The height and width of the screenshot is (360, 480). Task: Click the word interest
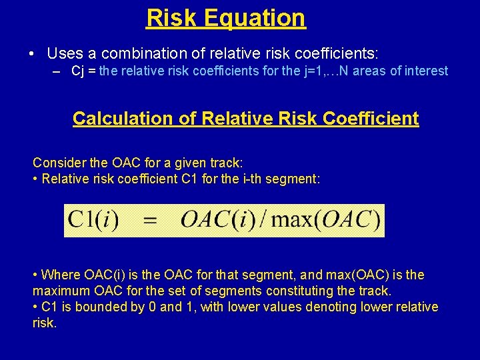coord(425,71)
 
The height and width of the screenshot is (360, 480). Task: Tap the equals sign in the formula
coord(151,221)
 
